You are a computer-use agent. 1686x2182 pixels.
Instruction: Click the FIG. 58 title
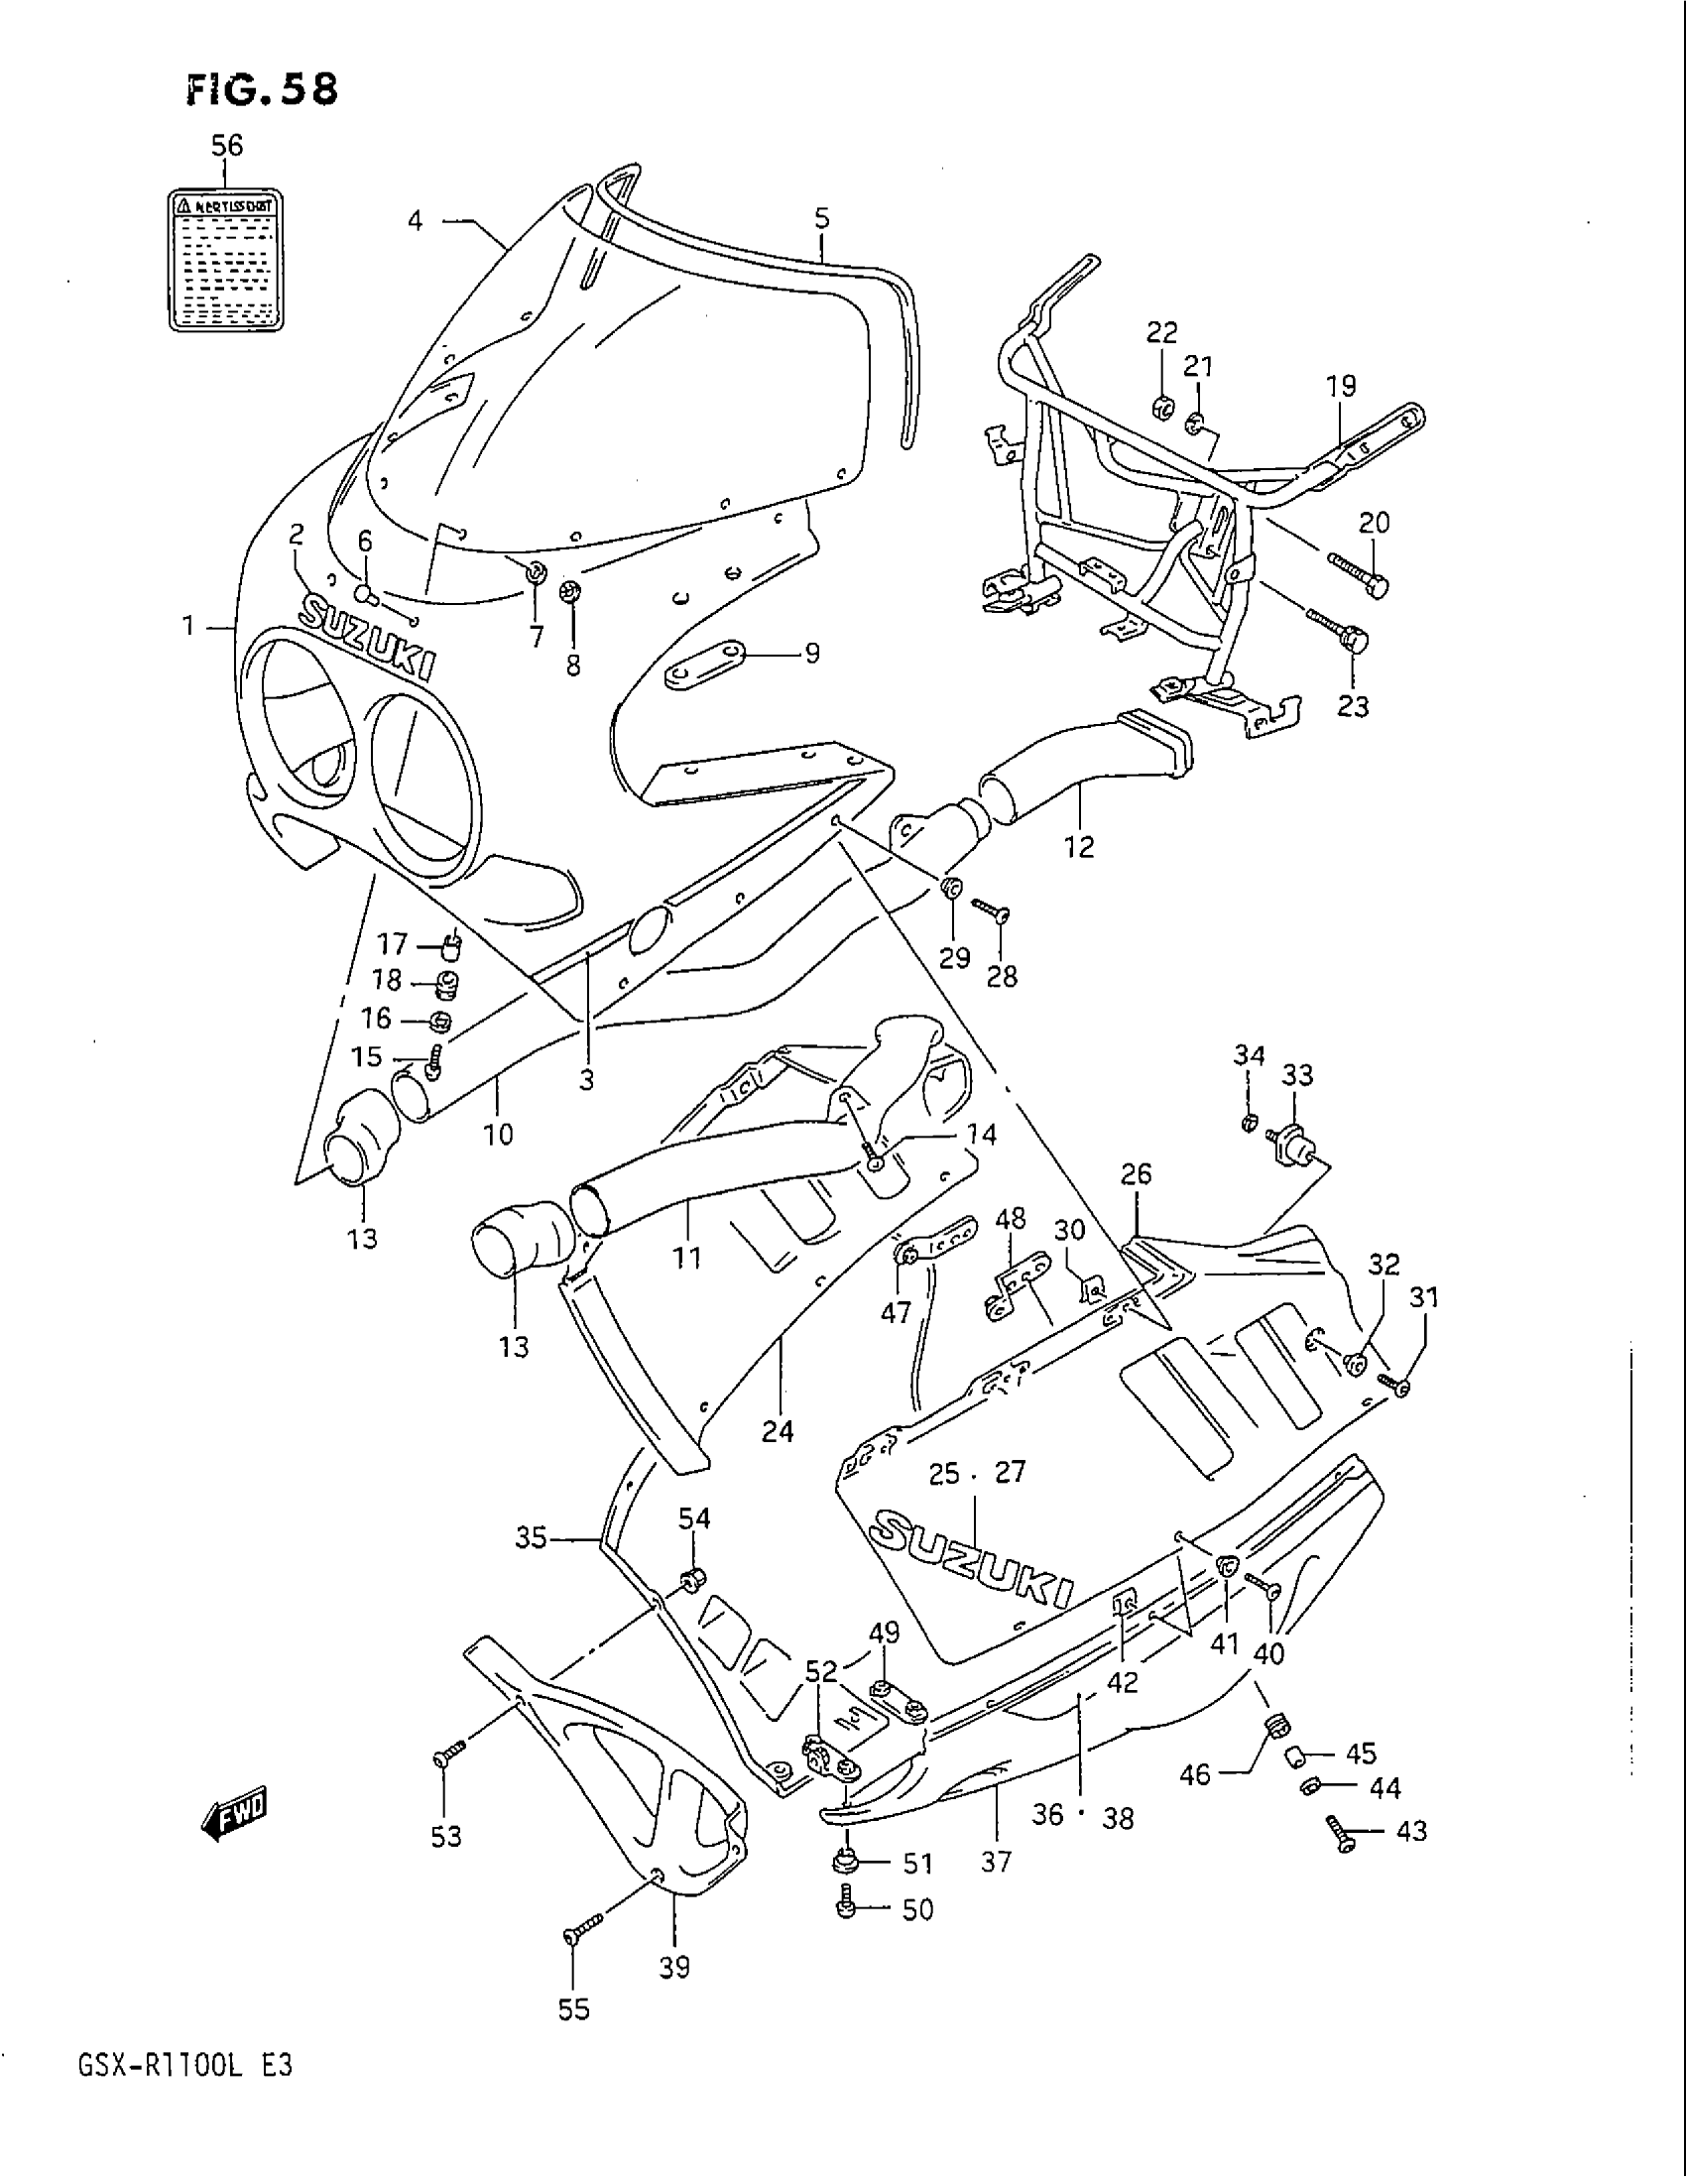[x=263, y=90]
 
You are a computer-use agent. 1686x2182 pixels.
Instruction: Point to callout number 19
[x=1341, y=385]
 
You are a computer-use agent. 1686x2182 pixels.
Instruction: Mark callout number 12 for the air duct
[x=1080, y=847]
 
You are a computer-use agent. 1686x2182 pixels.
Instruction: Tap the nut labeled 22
[x=1162, y=407]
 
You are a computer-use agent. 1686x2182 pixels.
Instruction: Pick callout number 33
[x=1297, y=1075]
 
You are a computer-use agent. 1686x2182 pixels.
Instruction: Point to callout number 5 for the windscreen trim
[x=821, y=219]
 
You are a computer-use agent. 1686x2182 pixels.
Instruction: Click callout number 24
[x=778, y=1431]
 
